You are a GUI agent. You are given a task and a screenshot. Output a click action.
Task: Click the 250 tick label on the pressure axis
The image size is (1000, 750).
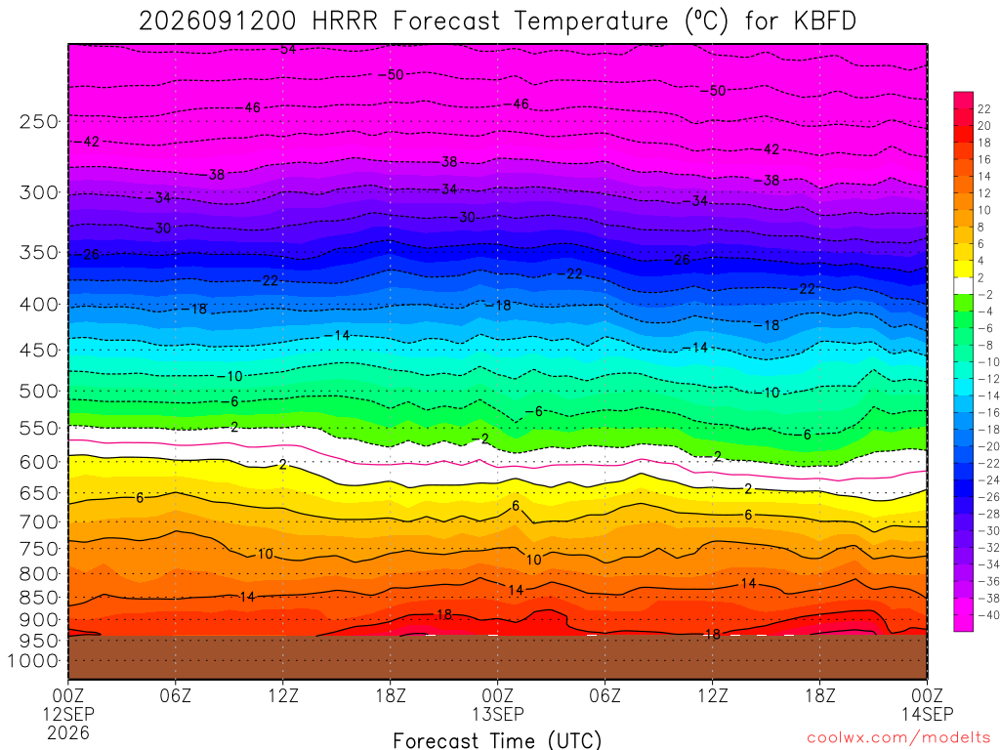click(38, 121)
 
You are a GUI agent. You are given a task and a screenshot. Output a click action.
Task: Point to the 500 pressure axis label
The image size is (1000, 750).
click(38, 391)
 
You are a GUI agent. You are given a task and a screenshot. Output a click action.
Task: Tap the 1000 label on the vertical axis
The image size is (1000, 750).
click(33, 661)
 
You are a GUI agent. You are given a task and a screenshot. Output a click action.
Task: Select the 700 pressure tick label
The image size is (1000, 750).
click(38, 521)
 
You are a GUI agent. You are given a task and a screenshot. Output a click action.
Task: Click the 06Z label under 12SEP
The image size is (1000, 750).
click(176, 695)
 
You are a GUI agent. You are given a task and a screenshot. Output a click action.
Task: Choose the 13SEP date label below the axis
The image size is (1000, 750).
click(497, 714)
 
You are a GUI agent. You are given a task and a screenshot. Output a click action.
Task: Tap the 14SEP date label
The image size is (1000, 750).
click(927, 714)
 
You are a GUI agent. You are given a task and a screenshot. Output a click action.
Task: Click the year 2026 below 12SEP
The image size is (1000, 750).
click(68, 732)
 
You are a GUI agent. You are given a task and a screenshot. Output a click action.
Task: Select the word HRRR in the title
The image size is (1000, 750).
click(345, 21)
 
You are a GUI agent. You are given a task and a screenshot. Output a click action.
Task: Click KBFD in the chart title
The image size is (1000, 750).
click(824, 21)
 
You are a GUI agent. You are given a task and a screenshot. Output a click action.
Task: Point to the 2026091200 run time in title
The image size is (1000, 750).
click(218, 21)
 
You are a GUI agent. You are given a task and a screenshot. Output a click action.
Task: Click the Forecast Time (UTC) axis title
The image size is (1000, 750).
click(497, 740)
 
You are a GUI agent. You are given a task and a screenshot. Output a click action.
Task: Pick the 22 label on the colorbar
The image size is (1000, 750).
click(984, 109)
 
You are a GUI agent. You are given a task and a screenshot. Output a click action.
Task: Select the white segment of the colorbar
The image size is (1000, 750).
click(964, 286)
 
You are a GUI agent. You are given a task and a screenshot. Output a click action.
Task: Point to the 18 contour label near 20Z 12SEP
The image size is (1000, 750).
click(444, 615)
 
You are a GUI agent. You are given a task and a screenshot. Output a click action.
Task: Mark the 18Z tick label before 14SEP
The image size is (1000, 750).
click(819, 695)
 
